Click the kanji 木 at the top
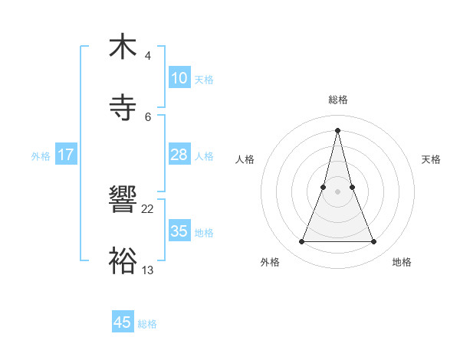pos(123,47)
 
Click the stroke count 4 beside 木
pos(148,56)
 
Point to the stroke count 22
pos(148,208)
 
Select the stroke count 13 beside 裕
pos(148,270)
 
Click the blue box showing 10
pos(179,78)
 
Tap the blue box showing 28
pos(179,155)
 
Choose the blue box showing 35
pos(179,231)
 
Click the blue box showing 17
pos(66,155)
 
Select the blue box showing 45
pos(123,322)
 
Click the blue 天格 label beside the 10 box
pos(204,80)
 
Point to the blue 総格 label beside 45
pos(147,324)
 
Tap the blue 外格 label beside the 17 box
pos(41,156)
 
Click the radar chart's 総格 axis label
pos(338,100)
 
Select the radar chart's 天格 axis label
pos(432,159)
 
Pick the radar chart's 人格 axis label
pos(245,159)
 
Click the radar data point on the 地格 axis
pos(374,242)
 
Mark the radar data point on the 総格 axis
pos(338,129)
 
